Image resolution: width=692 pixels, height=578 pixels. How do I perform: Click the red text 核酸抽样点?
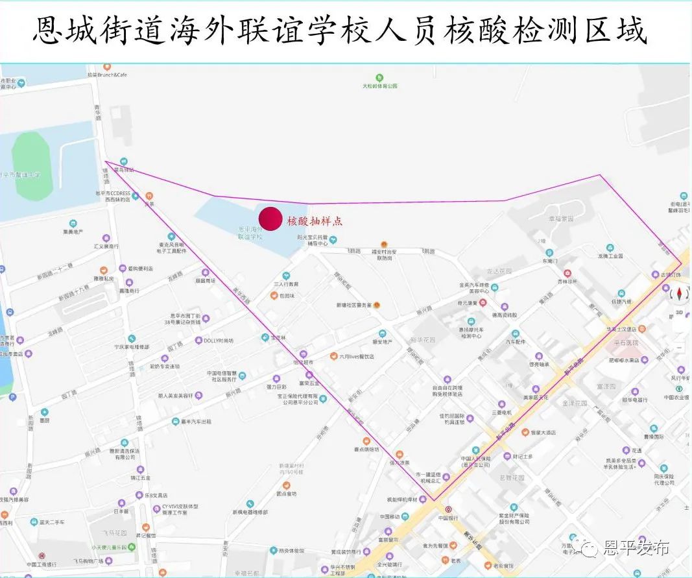pos(315,221)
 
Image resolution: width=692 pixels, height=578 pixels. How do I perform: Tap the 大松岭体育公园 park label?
pos(379,86)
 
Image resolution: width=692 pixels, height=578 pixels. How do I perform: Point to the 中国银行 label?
pos(448,518)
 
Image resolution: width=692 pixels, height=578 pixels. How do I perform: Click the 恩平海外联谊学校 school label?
pos(250,233)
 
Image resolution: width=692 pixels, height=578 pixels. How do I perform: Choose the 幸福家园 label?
pos(560,219)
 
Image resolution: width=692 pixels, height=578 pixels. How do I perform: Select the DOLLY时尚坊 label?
pos(218,341)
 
